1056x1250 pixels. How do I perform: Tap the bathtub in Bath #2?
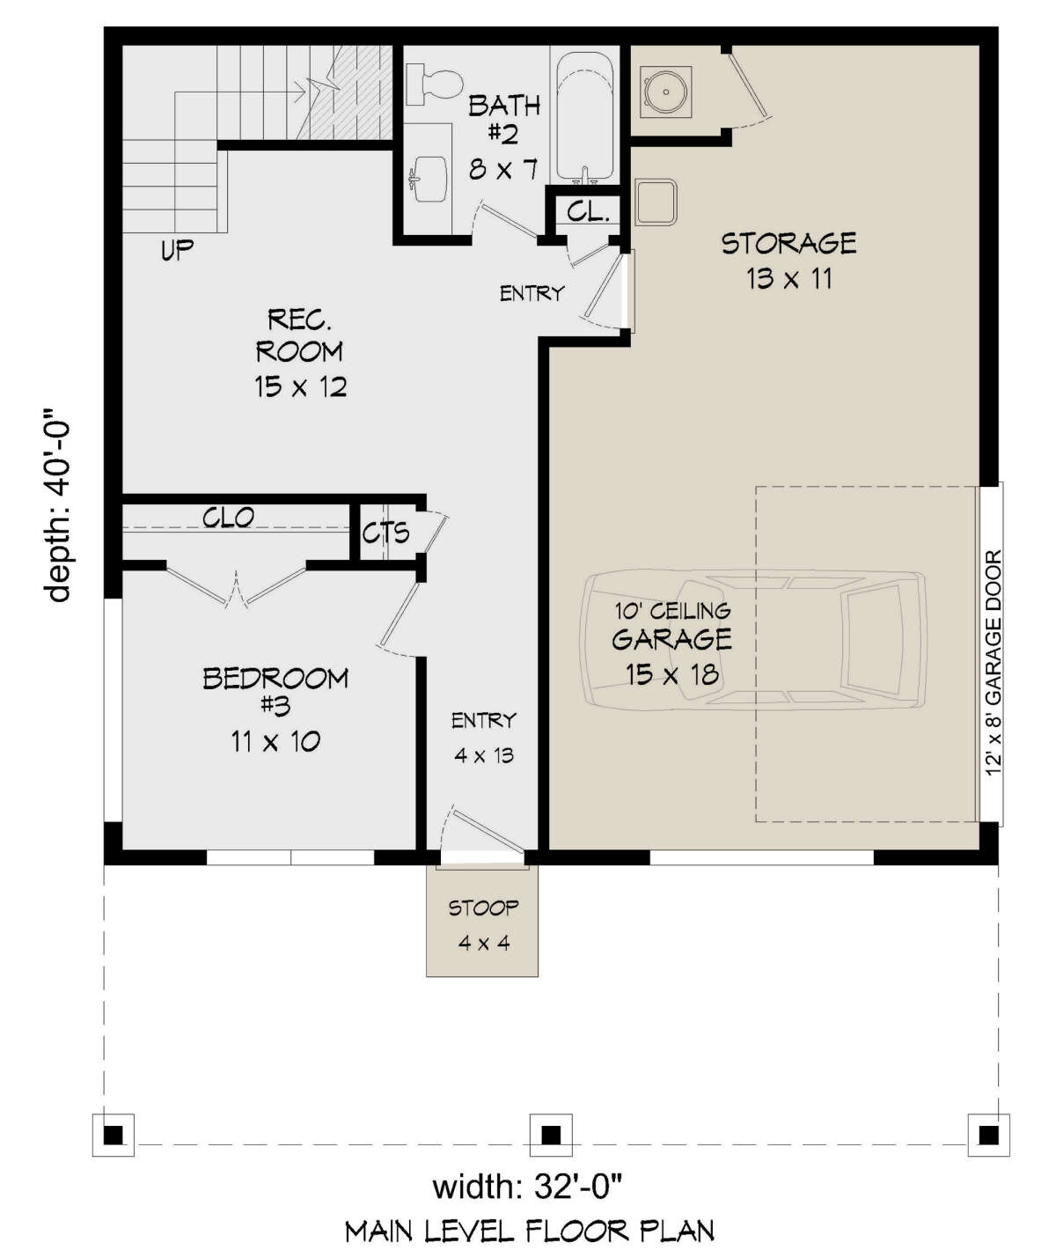(x=585, y=118)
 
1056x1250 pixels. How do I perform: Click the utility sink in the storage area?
(x=656, y=202)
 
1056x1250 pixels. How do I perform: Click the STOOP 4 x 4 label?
(x=484, y=925)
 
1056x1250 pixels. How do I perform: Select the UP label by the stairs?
(x=177, y=250)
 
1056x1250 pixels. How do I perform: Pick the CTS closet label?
(x=385, y=533)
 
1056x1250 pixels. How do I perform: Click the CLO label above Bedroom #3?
(x=228, y=518)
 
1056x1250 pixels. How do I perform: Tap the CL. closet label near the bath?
(x=589, y=211)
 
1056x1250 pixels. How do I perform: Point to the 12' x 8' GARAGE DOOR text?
(x=994, y=664)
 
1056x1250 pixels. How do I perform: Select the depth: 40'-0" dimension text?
(x=58, y=505)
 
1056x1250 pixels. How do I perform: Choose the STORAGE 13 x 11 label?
(x=789, y=261)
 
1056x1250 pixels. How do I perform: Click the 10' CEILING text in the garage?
(x=673, y=611)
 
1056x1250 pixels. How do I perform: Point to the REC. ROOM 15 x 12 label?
(x=300, y=353)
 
